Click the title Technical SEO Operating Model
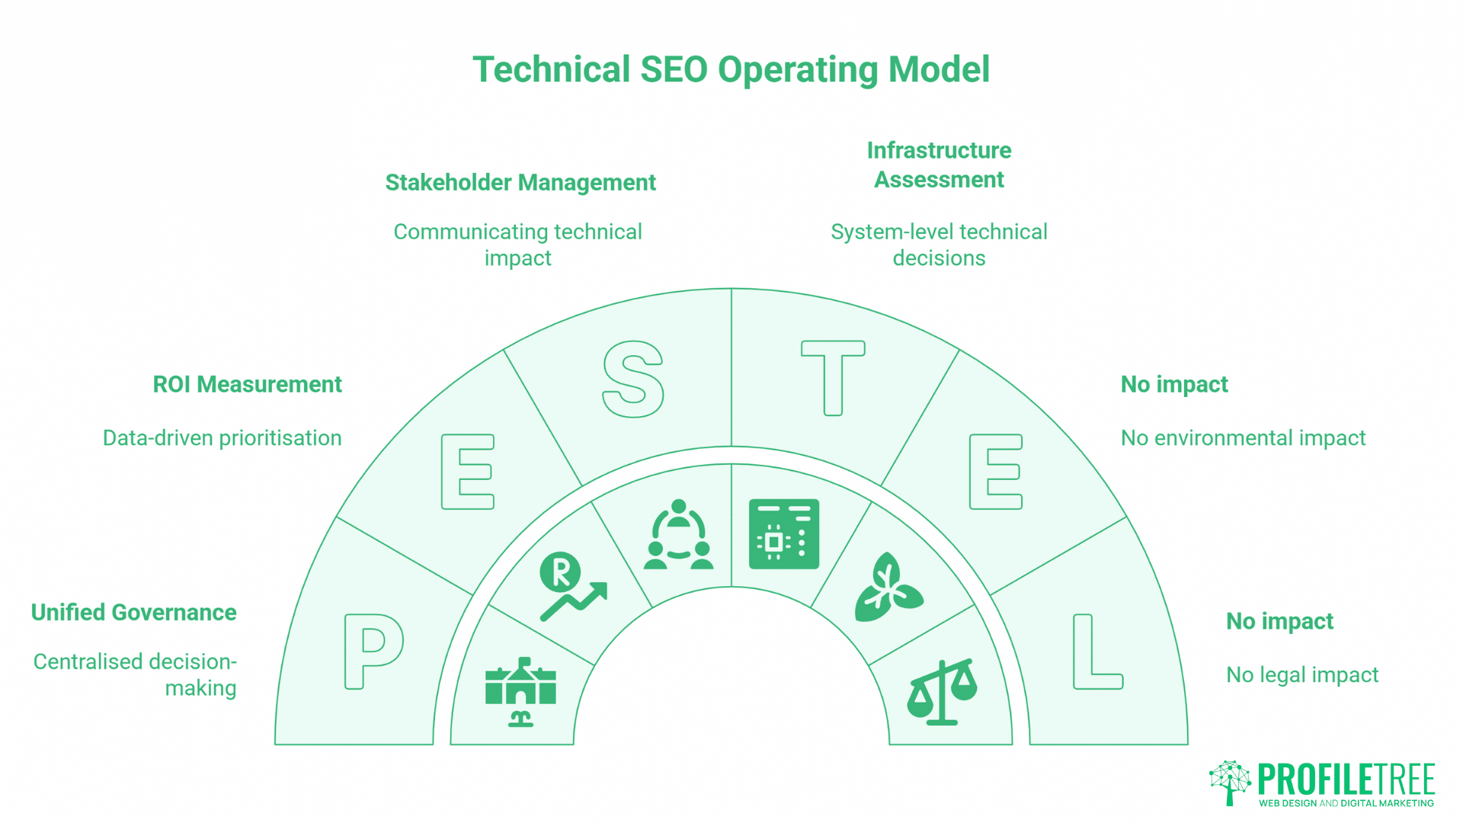click(731, 69)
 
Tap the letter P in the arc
click(373, 652)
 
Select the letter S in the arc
click(632, 379)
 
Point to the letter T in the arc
click(833, 377)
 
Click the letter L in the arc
click(1096, 652)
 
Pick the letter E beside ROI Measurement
click(468, 472)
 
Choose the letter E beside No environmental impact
click(995, 472)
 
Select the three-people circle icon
click(678, 535)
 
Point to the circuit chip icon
click(783, 534)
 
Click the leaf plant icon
click(888, 588)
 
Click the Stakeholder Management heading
click(520, 183)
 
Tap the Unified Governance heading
click(134, 613)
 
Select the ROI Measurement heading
click(248, 385)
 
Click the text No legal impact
click(1302, 675)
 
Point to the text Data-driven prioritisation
click(222, 438)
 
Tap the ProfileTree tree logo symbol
click(1230, 782)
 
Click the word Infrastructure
click(939, 151)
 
